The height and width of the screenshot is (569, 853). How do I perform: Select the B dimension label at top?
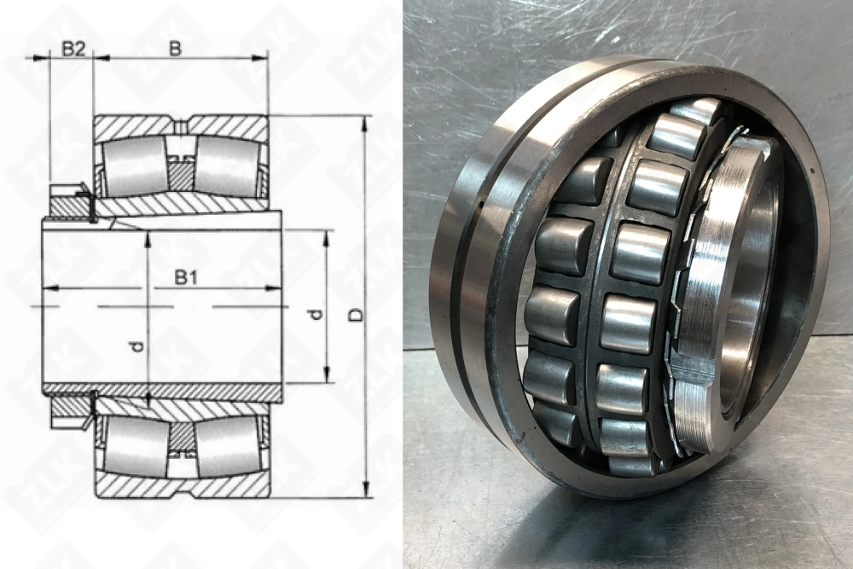click(x=174, y=49)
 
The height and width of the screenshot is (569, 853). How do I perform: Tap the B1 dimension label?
click(x=185, y=277)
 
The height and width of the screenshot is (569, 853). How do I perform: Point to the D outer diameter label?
click(x=357, y=315)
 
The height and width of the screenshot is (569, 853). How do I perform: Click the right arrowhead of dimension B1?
click(x=273, y=287)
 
